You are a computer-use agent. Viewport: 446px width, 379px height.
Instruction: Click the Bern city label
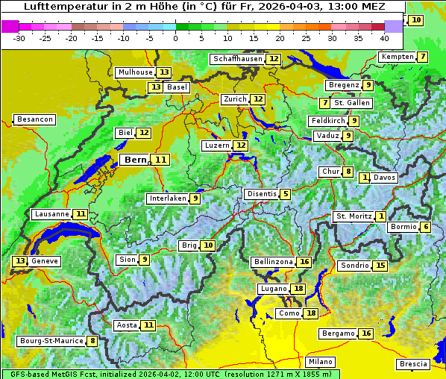[x=136, y=160]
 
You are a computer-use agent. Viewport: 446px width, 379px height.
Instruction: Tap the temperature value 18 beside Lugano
[x=298, y=289]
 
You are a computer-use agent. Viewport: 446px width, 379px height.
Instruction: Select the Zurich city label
[x=235, y=99]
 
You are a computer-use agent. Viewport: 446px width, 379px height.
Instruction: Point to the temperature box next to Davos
[x=365, y=178]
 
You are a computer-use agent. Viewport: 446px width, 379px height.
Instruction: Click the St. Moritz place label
[x=353, y=216]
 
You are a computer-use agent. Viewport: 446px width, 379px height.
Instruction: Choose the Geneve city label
[x=45, y=261]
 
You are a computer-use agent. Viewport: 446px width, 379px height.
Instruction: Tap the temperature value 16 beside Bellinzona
[x=304, y=262]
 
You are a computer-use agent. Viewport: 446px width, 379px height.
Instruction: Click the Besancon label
[x=35, y=119]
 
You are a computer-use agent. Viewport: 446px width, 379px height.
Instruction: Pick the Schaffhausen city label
[x=238, y=59]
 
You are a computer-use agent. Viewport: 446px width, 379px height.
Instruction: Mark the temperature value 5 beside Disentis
[x=285, y=194]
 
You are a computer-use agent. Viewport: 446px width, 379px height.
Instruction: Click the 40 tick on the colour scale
[x=384, y=37]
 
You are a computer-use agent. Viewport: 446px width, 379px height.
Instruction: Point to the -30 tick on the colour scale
[x=19, y=37]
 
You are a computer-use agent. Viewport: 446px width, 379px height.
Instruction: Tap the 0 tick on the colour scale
[x=175, y=37]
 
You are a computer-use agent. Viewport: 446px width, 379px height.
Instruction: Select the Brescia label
[x=413, y=364]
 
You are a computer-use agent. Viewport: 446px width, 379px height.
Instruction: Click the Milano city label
[x=321, y=361]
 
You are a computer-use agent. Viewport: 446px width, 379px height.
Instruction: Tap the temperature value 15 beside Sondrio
[x=380, y=266]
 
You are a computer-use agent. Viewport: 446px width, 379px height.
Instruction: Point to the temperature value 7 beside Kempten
[x=423, y=57]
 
